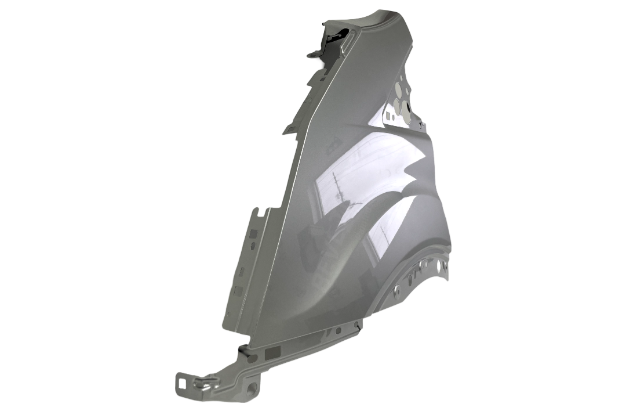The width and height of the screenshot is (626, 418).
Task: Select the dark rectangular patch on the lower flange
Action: coord(271,352)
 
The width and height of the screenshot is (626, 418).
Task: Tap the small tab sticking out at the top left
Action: coord(312,54)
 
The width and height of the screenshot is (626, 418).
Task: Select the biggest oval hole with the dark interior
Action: coord(406,111)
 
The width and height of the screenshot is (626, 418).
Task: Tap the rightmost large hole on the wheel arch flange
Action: coord(444,266)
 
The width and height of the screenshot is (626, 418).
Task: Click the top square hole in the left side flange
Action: coord(253,233)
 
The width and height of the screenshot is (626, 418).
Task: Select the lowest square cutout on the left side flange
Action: coord(238,290)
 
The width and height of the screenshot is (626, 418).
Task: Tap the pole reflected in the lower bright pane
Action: coord(383,235)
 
